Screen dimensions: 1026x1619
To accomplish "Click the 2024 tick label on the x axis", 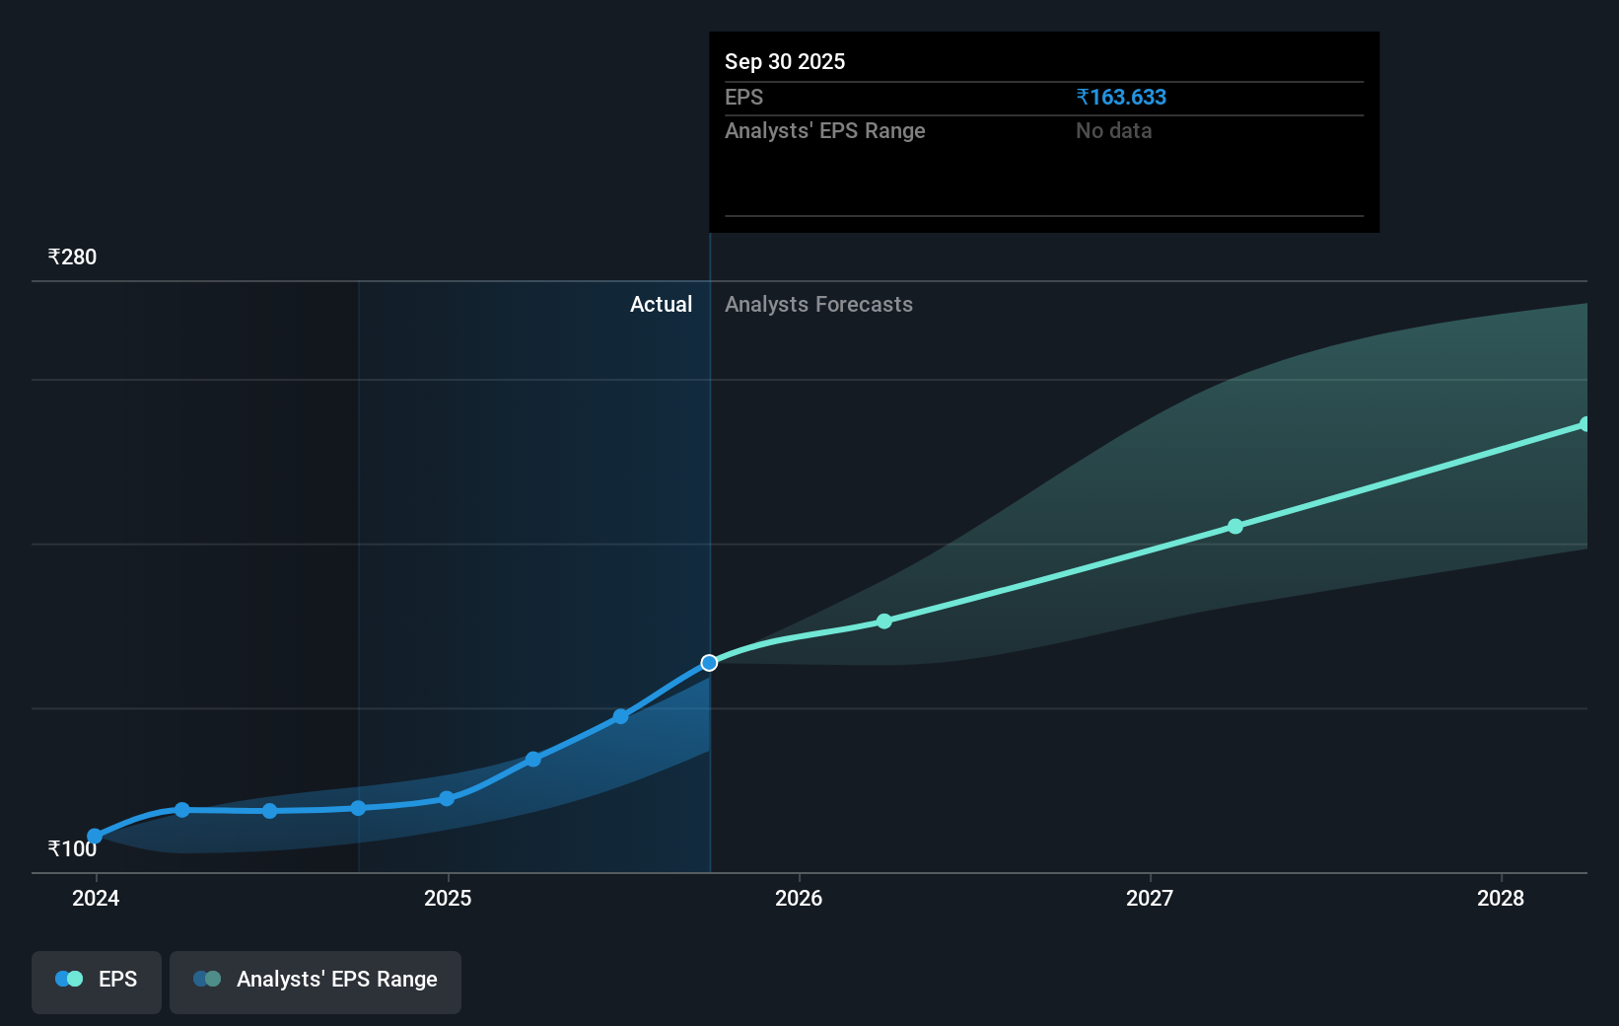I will click(x=96, y=898).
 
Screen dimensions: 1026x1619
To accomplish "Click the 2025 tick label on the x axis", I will click(x=448, y=898).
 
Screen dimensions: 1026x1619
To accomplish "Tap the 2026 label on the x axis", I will click(x=799, y=898).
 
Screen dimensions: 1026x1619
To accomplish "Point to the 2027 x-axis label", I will click(x=1150, y=898).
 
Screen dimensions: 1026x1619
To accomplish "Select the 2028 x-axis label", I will click(x=1501, y=898).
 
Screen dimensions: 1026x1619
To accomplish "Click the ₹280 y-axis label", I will click(x=72, y=257).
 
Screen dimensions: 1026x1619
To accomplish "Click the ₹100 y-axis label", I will click(x=72, y=848).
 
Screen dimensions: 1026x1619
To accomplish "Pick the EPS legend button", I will click(x=97, y=980).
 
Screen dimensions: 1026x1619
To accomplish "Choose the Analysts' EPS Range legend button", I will click(x=316, y=980).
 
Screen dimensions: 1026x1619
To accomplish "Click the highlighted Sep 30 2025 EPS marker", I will click(x=709, y=663).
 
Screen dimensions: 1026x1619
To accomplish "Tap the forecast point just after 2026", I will click(x=884, y=622).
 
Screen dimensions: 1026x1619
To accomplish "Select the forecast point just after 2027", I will click(x=1235, y=527).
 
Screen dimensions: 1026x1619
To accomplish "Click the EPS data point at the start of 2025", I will click(x=447, y=798).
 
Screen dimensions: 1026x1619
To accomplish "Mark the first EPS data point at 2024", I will click(x=95, y=836).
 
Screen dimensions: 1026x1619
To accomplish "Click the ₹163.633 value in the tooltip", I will click(x=1121, y=98).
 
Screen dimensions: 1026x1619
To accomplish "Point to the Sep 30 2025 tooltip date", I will click(x=785, y=62).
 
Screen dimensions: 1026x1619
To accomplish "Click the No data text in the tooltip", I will click(x=1113, y=131).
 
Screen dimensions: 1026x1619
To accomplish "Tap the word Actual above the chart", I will click(x=661, y=305).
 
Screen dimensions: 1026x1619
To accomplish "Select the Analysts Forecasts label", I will click(x=818, y=305).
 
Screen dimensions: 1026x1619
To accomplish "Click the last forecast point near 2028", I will click(x=1584, y=424).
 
